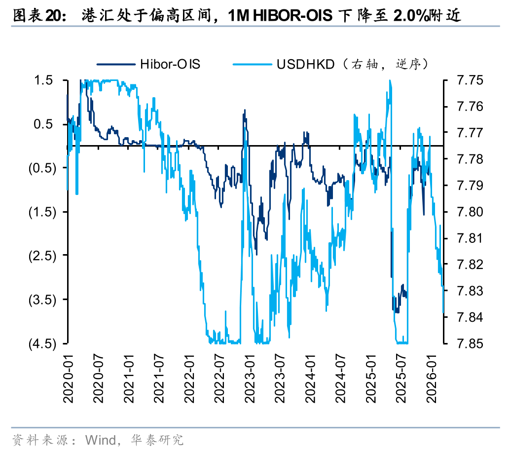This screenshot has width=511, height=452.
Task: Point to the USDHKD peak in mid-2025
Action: point(390,81)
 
